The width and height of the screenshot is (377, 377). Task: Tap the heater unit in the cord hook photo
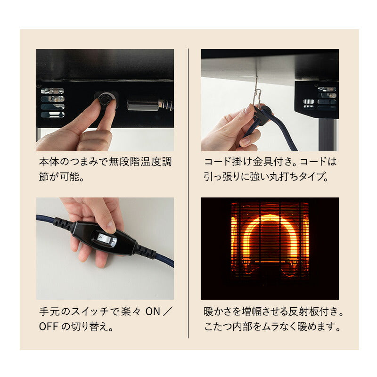tap(316, 99)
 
